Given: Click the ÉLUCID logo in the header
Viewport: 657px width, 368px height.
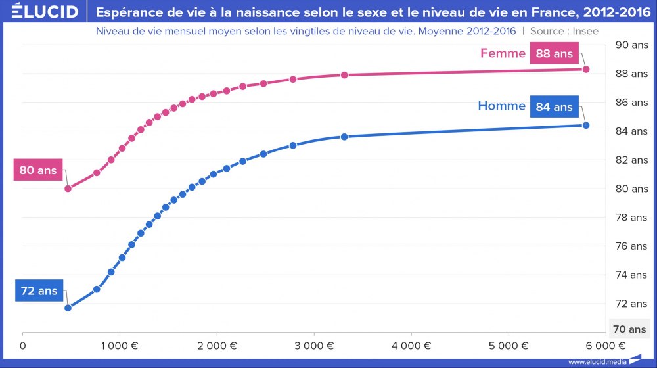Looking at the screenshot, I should tap(41, 12).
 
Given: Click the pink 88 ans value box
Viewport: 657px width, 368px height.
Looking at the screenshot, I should tap(555, 54).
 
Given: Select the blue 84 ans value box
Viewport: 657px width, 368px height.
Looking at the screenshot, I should tap(555, 106).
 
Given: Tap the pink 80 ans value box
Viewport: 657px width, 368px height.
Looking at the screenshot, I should tap(37, 171).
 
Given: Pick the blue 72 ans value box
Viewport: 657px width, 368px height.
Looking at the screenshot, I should tap(39, 290).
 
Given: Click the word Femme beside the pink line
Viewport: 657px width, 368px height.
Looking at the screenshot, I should tap(503, 54).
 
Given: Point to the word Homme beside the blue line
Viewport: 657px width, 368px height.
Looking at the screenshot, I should tap(501, 106).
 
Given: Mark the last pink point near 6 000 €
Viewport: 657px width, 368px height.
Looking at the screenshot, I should tap(586, 69).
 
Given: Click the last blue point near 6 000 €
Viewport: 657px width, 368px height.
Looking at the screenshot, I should tap(586, 125).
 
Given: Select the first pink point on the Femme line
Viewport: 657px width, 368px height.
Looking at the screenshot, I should tap(68, 188).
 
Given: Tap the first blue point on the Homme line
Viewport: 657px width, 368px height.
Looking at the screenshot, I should tap(68, 308).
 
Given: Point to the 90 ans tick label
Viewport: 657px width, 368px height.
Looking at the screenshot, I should tap(630, 45).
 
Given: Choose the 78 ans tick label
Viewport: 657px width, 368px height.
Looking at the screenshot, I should tap(630, 217).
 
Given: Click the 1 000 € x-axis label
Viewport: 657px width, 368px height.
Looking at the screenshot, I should tap(120, 345).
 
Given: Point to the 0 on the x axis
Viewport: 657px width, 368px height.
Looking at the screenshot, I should tap(23, 345).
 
